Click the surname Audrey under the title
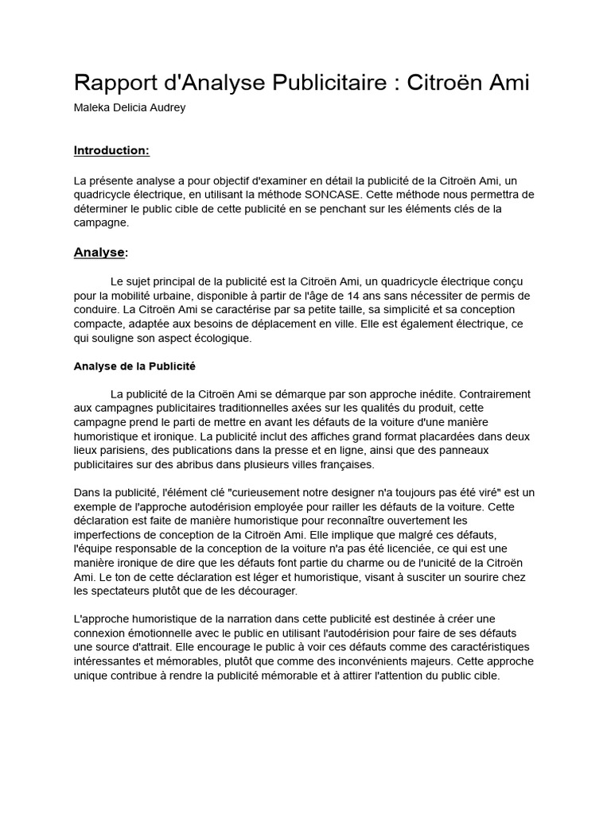(167, 107)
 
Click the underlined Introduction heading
(111, 150)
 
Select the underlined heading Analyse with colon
(101, 252)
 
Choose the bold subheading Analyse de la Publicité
(134, 366)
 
